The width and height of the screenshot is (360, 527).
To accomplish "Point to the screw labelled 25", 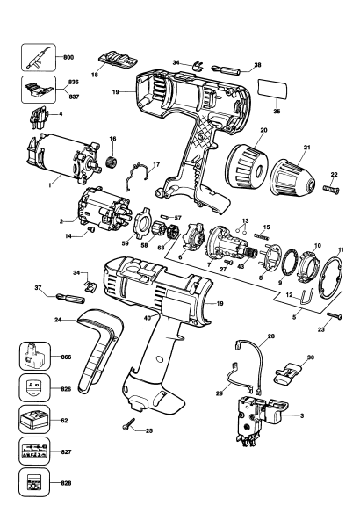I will (x=129, y=427).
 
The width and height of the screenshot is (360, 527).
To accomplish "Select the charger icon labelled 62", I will (x=36, y=421).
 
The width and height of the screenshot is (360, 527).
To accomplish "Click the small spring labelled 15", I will (x=261, y=236).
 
